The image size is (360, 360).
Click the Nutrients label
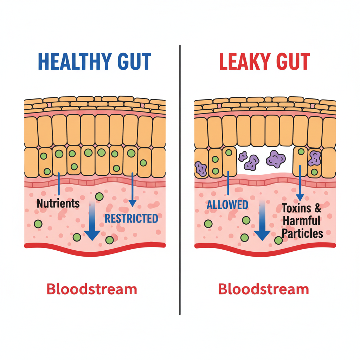tap(58, 203)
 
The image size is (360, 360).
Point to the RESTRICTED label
tap(131, 219)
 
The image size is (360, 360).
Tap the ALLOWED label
tap(227, 205)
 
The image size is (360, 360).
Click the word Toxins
tap(296, 208)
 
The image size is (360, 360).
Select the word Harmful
tap(301, 221)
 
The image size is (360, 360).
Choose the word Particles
tap(302, 233)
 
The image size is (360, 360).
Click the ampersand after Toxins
tap(317, 208)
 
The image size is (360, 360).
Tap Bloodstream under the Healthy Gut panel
tap(92, 289)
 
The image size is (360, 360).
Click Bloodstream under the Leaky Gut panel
tap(263, 289)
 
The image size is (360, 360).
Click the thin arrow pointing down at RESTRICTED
tap(132, 190)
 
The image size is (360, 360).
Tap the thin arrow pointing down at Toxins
tap(300, 183)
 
